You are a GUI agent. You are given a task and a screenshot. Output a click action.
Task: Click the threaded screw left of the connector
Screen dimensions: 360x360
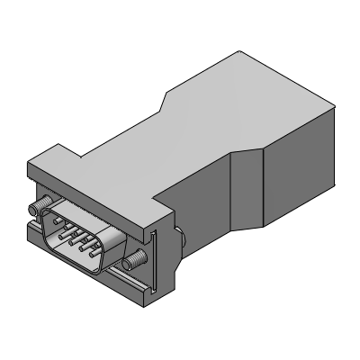click(40, 208)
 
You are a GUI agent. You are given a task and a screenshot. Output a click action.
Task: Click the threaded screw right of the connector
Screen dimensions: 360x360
click(136, 259)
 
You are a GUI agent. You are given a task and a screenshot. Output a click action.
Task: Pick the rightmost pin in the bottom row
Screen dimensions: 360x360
click(94, 265)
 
